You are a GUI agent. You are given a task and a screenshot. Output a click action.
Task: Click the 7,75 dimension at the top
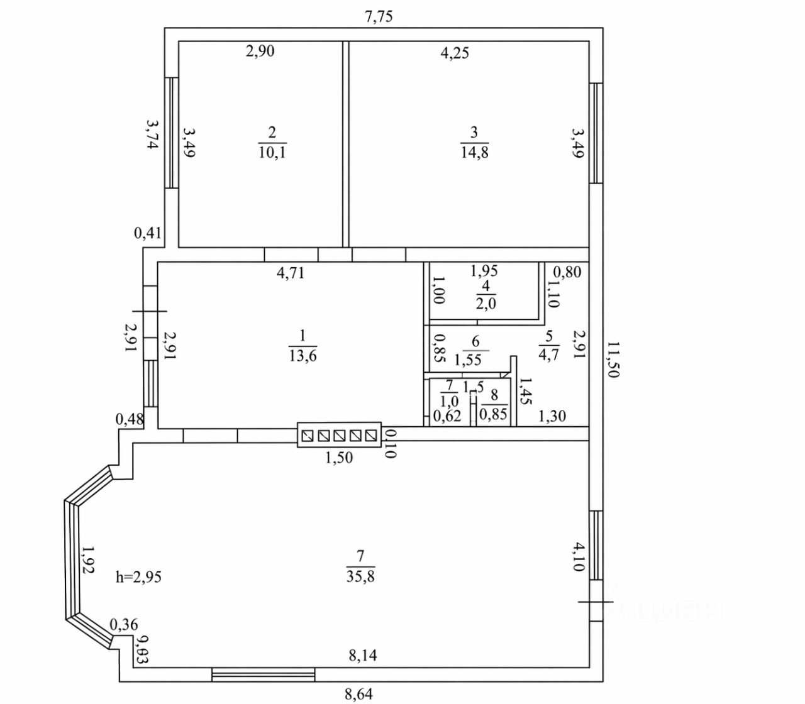[379, 16]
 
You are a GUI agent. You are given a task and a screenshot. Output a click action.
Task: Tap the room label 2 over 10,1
[272, 143]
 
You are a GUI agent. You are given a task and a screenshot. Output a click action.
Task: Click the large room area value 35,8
[360, 576]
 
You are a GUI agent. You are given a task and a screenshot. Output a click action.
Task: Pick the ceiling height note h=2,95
[139, 576]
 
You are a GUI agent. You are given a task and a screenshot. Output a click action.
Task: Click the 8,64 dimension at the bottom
[358, 694]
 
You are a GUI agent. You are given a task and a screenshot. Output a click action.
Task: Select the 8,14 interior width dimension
[364, 656]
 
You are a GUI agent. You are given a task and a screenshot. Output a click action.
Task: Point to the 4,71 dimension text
[291, 273]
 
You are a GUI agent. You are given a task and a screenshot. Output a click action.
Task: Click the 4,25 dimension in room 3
[454, 53]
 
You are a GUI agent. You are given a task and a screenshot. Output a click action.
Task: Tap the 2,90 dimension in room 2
[260, 51]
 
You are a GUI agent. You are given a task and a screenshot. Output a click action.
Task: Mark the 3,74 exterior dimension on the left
[152, 134]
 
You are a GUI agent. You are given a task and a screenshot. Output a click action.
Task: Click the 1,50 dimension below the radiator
[338, 458]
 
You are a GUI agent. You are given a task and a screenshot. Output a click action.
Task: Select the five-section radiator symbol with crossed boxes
[339, 434]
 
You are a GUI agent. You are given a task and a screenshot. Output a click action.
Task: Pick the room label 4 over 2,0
[486, 295]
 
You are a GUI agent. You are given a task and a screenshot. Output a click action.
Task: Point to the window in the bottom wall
[263, 675]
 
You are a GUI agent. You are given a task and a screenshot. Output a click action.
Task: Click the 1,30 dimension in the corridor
[552, 415]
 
